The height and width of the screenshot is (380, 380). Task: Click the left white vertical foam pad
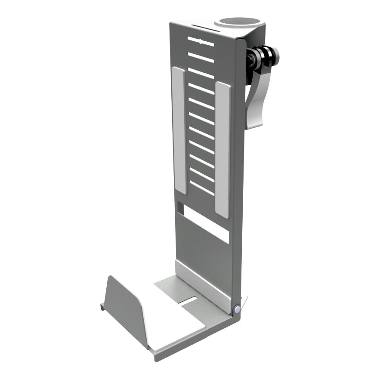(179, 129)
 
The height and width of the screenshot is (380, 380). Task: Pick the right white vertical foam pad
(222, 148)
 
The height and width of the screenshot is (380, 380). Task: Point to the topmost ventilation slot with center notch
(201, 42)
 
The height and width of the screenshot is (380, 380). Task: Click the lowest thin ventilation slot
(202, 188)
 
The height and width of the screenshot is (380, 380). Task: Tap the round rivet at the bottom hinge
(237, 309)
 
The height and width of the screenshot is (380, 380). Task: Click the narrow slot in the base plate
(188, 301)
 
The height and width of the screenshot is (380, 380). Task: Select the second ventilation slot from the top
(201, 57)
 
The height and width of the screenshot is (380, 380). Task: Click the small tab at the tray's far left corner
(102, 306)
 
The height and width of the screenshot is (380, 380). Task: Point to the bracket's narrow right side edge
(239, 172)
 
